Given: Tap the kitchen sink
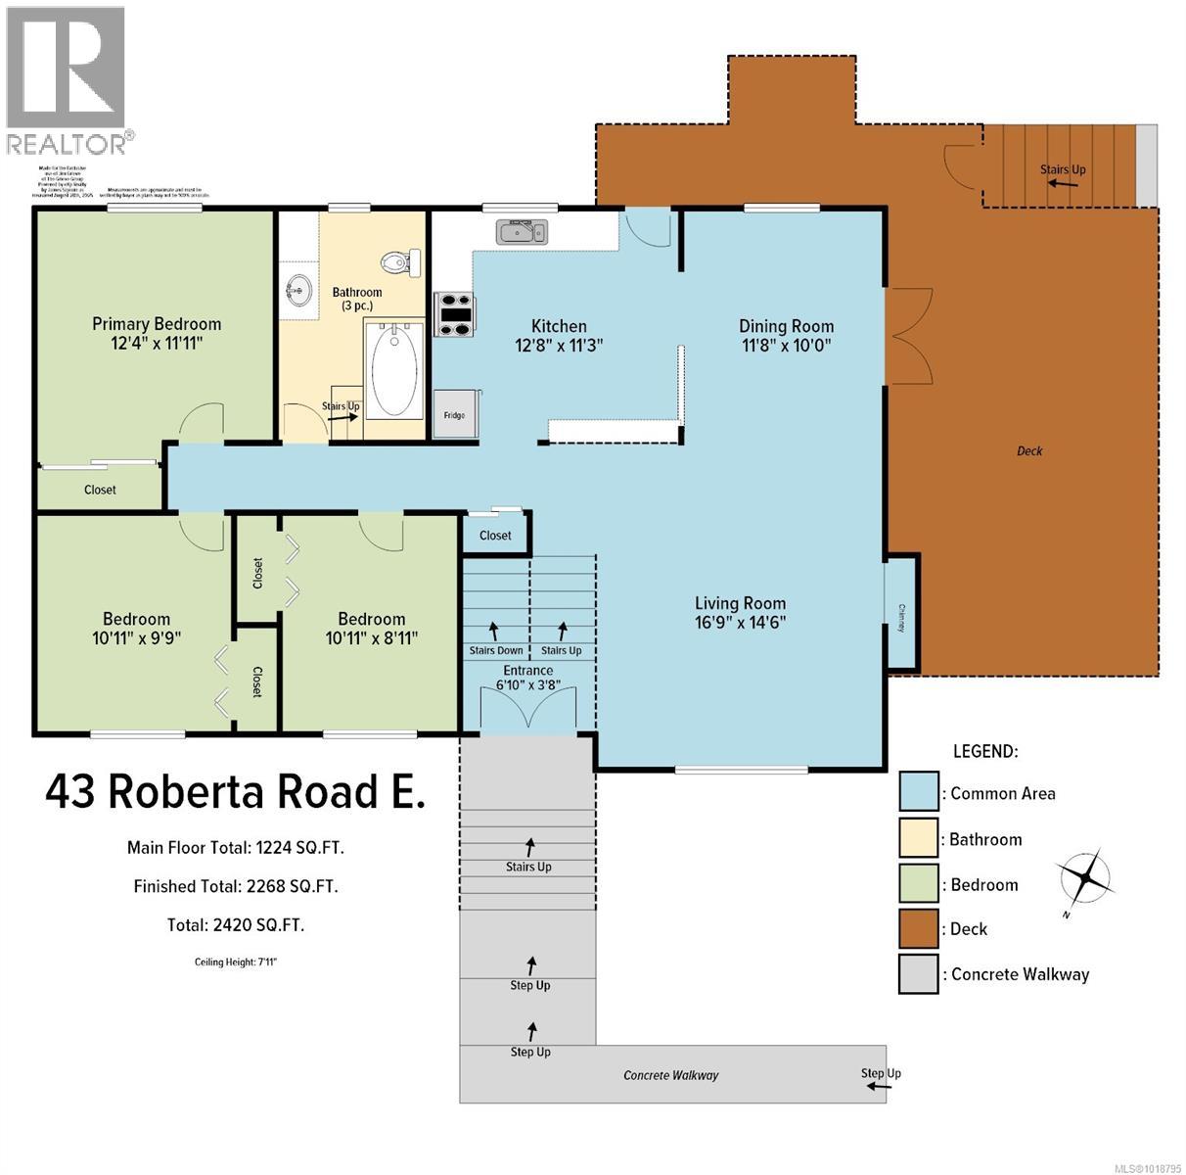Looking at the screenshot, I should pyautogui.click(x=522, y=232).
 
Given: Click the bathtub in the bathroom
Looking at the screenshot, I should pyautogui.click(x=394, y=368).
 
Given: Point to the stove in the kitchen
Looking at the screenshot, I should pyautogui.click(x=455, y=314).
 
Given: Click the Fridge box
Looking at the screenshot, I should pyautogui.click(x=454, y=414).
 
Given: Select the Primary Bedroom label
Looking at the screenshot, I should pyautogui.click(x=157, y=324).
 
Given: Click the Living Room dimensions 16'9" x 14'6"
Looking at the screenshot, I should pyautogui.click(x=740, y=622).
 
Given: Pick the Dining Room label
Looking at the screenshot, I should pyautogui.click(x=786, y=327).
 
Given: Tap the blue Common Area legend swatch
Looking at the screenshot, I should pyautogui.click(x=918, y=792).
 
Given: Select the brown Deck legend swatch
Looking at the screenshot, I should pyautogui.click(x=918, y=928).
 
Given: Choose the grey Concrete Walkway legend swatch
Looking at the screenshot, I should pyautogui.click(x=918, y=974).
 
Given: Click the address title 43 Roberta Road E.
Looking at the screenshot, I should pyautogui.click(x=235, y=791).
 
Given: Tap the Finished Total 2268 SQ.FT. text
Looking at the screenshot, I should pyautogui.click(x=236, y=886).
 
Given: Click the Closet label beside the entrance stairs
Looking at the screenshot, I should pyautogui.click(x=495, y=536).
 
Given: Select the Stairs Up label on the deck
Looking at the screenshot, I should pyautogui.click(x=1063, y=169).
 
